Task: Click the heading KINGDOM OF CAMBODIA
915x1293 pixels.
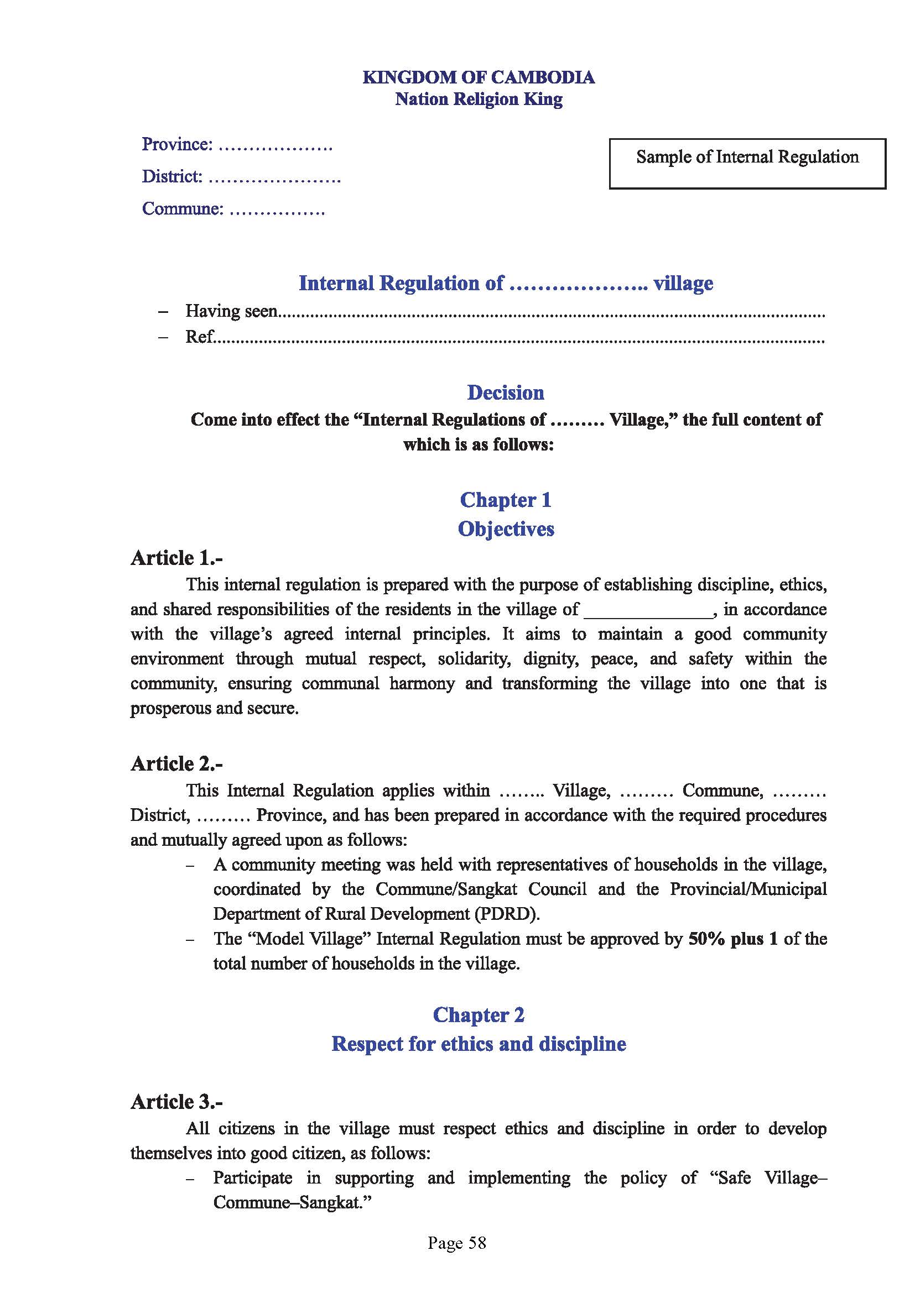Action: [479, 77]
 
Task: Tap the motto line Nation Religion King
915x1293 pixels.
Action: [479, 99]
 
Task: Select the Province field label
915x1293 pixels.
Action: [177, 144]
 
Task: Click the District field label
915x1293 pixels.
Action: [172, 176]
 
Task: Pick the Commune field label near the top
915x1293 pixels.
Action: [183, 208]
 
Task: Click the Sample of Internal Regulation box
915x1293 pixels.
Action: [747, 163]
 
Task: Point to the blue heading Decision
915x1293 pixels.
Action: [506, 392]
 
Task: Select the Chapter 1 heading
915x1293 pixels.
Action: [506, 500]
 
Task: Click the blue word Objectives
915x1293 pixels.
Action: [506, 529]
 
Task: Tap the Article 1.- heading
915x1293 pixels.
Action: [177, 558]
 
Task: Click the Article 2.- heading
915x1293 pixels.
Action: [177, 763]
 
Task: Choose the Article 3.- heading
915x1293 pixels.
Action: [177, 1102]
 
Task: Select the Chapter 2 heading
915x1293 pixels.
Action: [479, 1014]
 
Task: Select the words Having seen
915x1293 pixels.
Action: [232, 311]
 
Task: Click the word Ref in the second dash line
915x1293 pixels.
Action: [200, 337]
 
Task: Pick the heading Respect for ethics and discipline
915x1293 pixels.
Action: [479, 1044]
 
